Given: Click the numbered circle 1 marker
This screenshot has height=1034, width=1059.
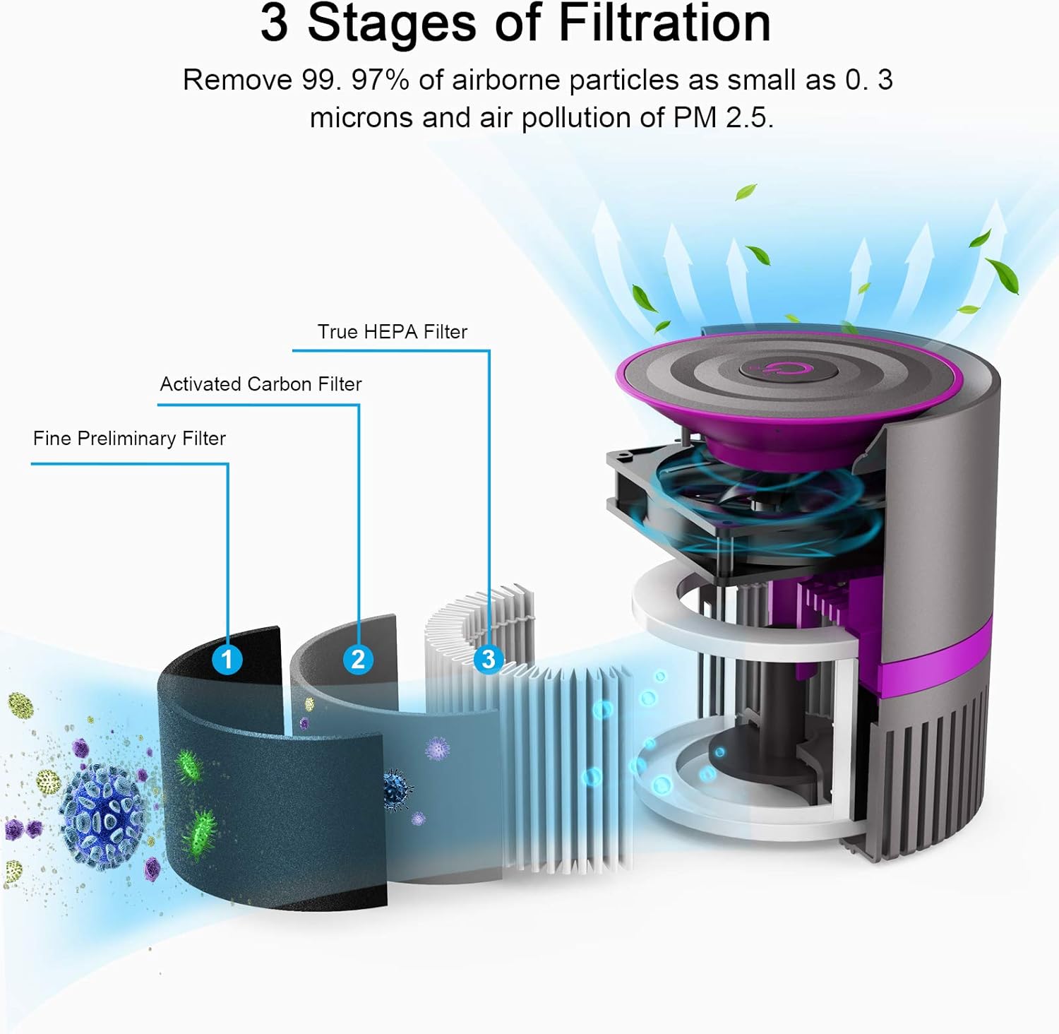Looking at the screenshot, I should (x=227, y=660).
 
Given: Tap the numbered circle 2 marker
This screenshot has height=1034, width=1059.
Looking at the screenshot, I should (x=358, y=660).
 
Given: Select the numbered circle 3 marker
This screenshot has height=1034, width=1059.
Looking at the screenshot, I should (x=488, y=660).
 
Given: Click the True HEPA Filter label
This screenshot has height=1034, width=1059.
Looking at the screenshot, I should (x=392, y=332).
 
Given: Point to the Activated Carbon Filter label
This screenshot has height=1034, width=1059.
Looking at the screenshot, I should (x=261, y=384).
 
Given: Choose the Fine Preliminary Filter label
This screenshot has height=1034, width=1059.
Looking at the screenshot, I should (x=129, y=439).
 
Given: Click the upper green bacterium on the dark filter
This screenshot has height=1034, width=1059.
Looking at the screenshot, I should (x=188, y=766).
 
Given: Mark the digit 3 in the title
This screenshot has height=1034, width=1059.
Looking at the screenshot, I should (x=274, y=24).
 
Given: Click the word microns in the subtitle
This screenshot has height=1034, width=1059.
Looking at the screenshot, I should (x=361, y=117).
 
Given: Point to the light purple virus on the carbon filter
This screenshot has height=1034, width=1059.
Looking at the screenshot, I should (x=438, y=747).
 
